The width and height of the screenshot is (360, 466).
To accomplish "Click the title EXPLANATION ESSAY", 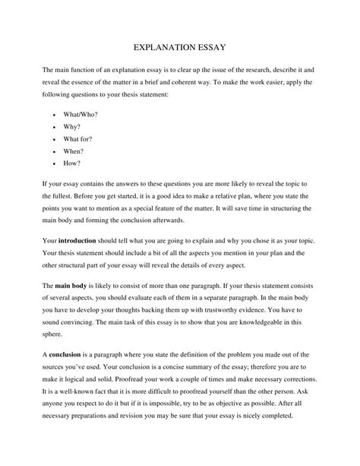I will tap(179, 46).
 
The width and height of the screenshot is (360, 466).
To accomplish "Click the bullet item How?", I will tap(73, 163).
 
